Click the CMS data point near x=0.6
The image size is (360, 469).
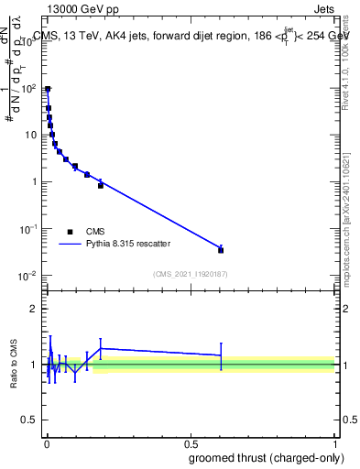pos(221,249)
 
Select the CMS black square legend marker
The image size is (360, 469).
pos(70,232)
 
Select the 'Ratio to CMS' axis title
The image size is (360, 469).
pos(13,364)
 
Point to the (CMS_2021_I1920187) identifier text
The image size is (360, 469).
pos(190,274)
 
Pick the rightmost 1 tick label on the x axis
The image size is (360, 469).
pos(335,442)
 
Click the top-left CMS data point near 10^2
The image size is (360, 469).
pos(48,90)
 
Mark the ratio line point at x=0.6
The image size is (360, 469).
pos(221,354)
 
